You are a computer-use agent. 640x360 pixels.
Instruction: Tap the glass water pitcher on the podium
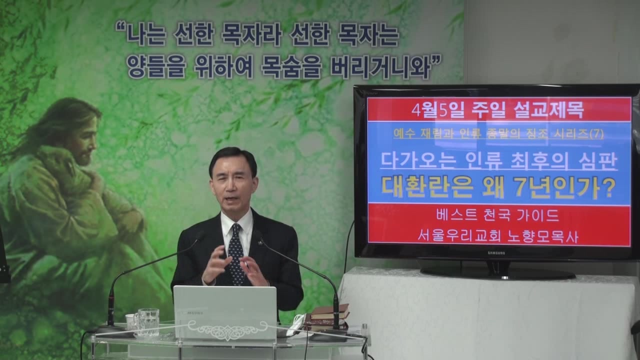coord(147,322)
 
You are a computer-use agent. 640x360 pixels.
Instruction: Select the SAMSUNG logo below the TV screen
coord(496,253)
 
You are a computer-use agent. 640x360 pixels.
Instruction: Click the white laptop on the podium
coord(225,313)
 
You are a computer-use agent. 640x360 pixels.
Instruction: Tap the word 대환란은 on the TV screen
coord(427,188)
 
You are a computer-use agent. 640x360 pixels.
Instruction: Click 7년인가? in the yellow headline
coord(564,188)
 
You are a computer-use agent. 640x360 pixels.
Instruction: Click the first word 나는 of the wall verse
coord(146,36)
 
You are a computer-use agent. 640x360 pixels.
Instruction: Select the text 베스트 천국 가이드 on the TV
coord(497,215)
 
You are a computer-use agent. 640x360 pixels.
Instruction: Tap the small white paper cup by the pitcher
coord(131,321)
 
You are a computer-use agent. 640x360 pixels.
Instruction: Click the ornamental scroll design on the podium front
coord(227,329)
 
